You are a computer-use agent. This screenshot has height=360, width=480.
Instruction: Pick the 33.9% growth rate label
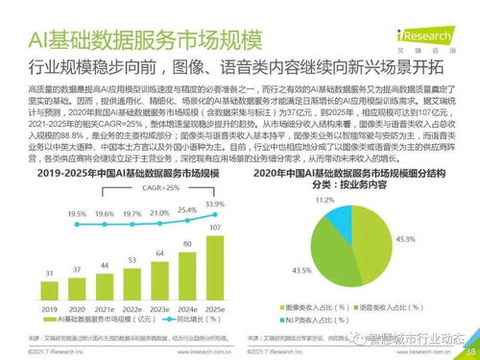(x=215, y=204)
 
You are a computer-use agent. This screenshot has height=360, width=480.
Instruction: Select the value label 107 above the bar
(x=214, y=228)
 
